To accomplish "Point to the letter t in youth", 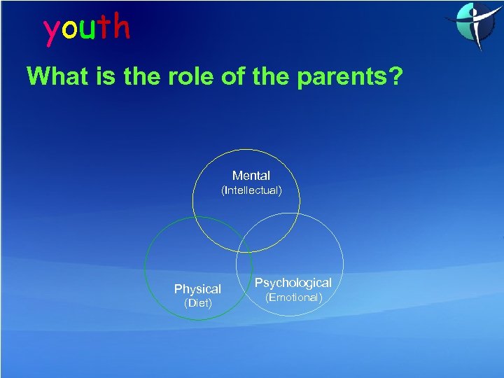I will [104, 28].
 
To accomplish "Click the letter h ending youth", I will [121, 27].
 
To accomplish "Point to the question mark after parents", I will [396, 76].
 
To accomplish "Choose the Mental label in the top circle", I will [251, 176].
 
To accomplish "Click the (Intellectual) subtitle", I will [251, 190].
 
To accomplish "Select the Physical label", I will [197, 289].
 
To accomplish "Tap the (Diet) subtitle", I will [197, 303].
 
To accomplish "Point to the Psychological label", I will [293, 283].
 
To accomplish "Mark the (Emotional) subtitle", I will [293, 297].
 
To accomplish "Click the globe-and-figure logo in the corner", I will [472, 24].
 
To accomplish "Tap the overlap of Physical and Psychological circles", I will [244, 266].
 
